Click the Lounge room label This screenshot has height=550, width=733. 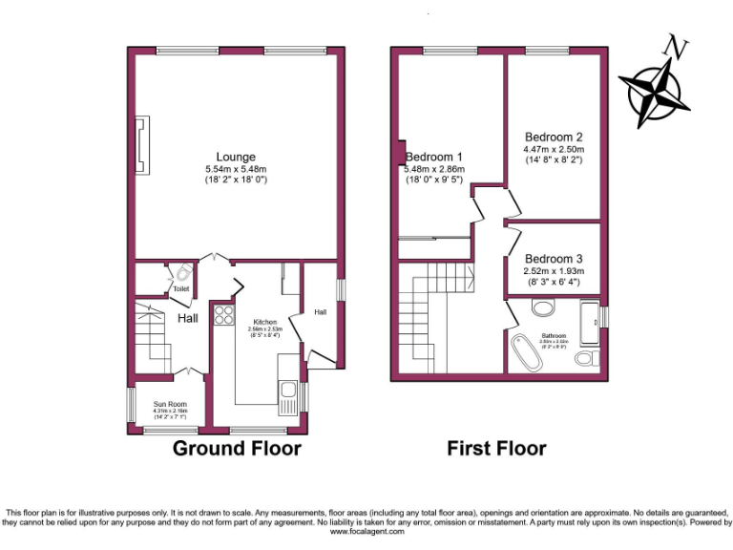[235, 158]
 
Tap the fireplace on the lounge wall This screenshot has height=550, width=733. [141, 141]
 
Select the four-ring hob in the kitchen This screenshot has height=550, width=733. [223, 316]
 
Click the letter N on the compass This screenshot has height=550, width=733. [678, 46]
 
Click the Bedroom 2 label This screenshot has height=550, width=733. [553, 137]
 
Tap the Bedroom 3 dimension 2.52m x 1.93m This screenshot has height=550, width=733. [553, 271]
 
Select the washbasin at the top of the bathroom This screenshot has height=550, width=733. [542, 308]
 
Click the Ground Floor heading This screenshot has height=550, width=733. [236, 448]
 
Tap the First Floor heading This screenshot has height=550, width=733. [496, 448]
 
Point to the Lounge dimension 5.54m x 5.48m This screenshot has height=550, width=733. [235, 169]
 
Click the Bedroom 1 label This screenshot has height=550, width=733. [434, 158]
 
